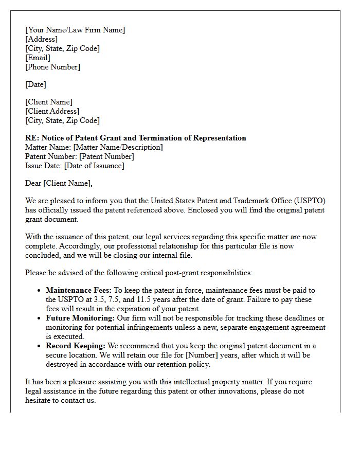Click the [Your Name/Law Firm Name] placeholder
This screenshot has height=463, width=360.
click(x=75, y=30)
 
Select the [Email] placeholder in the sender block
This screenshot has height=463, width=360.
click(x=38, y=58)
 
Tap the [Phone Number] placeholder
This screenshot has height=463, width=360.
click(x=52, y=67)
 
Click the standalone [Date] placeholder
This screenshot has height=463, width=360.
click(x=35, y=84)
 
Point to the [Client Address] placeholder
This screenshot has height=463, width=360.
click(x=52, y=111)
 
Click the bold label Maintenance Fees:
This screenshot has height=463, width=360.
click(x=78, y=291)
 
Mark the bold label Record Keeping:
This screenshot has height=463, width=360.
click(x=75, y=346)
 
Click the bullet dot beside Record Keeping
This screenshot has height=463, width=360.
click(x=39, y=346)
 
